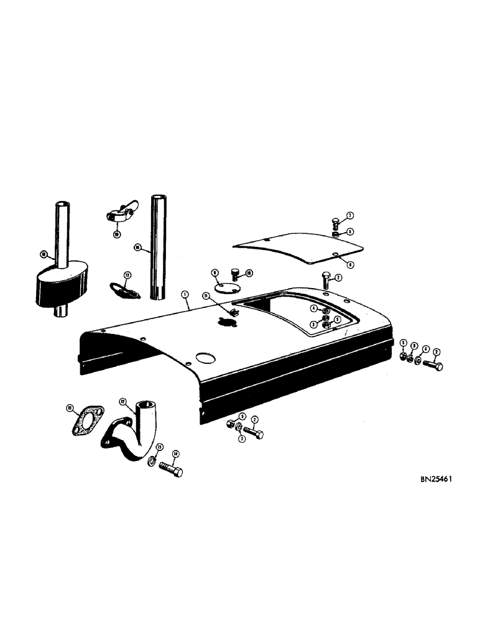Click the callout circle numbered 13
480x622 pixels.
(159, 447)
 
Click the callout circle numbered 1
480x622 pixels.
(184, 294)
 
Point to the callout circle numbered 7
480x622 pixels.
(349, 216)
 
